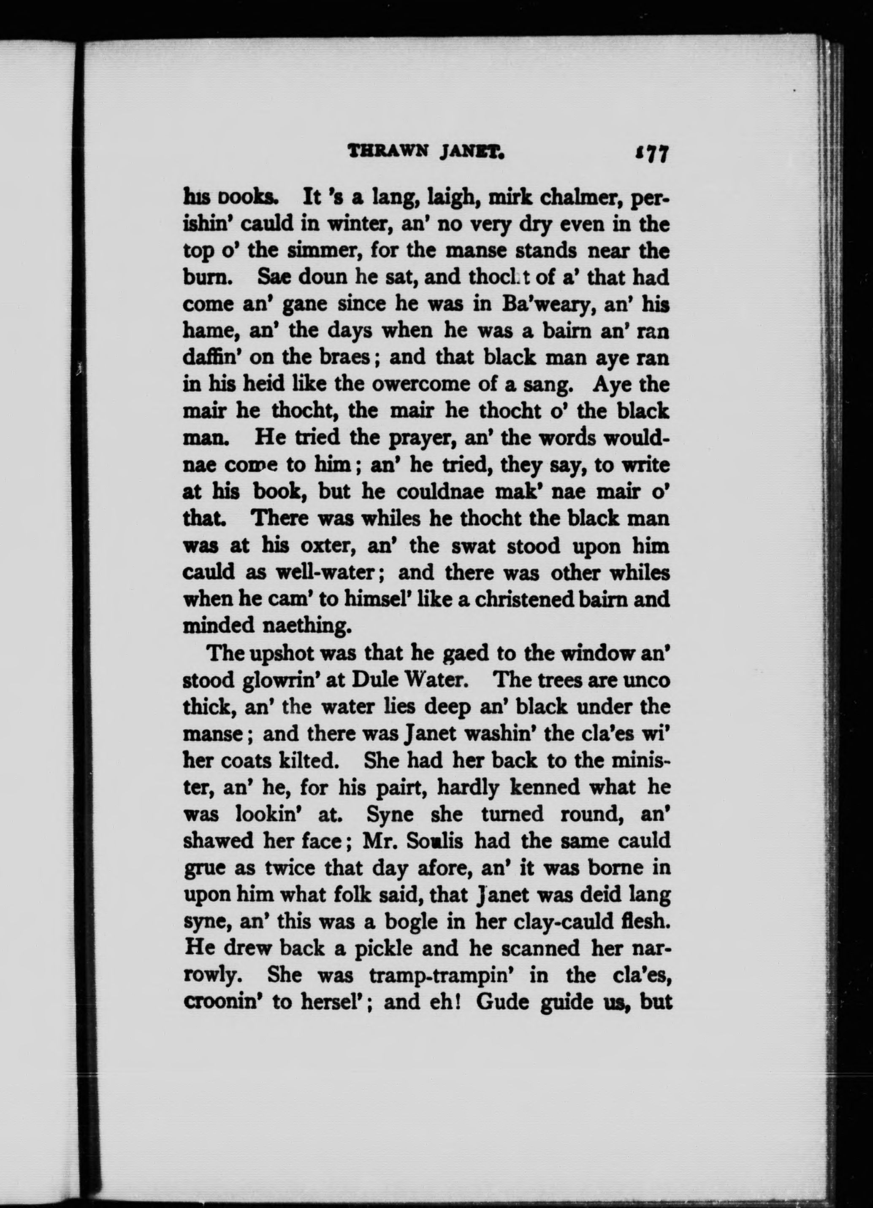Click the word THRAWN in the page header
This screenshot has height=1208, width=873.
380,154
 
